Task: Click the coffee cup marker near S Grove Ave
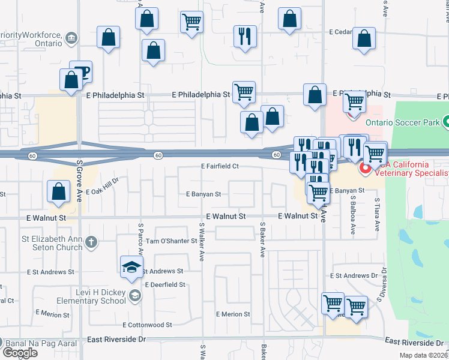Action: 82,71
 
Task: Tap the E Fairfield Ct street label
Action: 220,166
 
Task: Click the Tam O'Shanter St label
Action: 171,241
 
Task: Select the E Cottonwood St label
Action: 148,325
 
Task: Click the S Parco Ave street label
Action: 140,238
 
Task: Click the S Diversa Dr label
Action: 380,290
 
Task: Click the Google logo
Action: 20,353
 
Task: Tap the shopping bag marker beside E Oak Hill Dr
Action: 58,192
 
